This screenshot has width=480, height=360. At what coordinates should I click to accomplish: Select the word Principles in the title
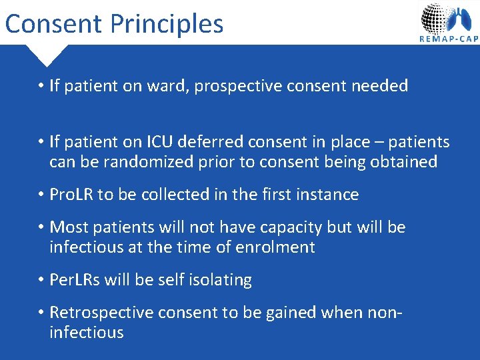click(x=167, y=24)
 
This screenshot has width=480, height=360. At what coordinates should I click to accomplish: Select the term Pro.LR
click(x=72, y=195)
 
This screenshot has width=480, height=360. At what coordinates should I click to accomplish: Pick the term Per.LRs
click(x=75, y=280)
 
